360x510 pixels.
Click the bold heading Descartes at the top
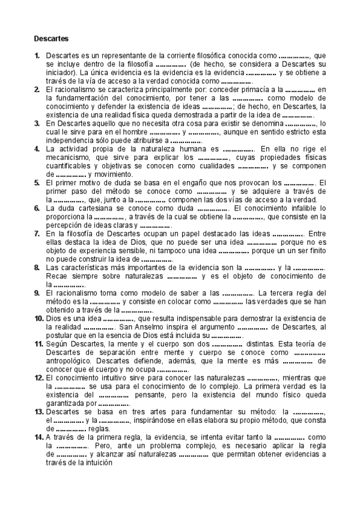(51, 38)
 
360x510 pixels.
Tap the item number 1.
(37, 55)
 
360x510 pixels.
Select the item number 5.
(37, 182)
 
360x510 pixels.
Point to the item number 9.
(37, 292)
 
